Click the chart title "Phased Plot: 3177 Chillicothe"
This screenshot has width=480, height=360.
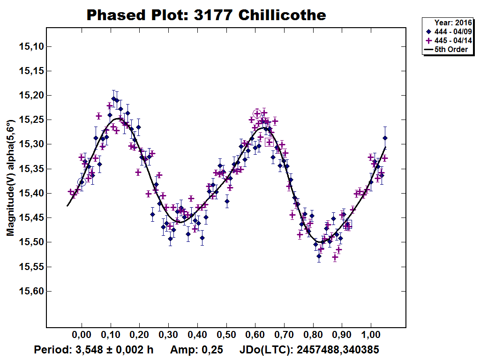tap(206, 15)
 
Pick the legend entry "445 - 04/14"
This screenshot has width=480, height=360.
tap(450, 40)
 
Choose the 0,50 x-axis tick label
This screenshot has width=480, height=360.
tap(226, 336)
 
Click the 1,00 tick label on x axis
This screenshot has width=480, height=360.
tap(371, 336)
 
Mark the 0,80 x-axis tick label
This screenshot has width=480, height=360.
tap(313, 336)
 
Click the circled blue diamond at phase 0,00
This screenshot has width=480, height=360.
tap(82, 182)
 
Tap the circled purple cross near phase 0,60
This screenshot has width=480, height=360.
tap(257, 113)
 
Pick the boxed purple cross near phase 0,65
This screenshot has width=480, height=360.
tap(269, 142)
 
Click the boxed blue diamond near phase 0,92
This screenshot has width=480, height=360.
tap(348, 224)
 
